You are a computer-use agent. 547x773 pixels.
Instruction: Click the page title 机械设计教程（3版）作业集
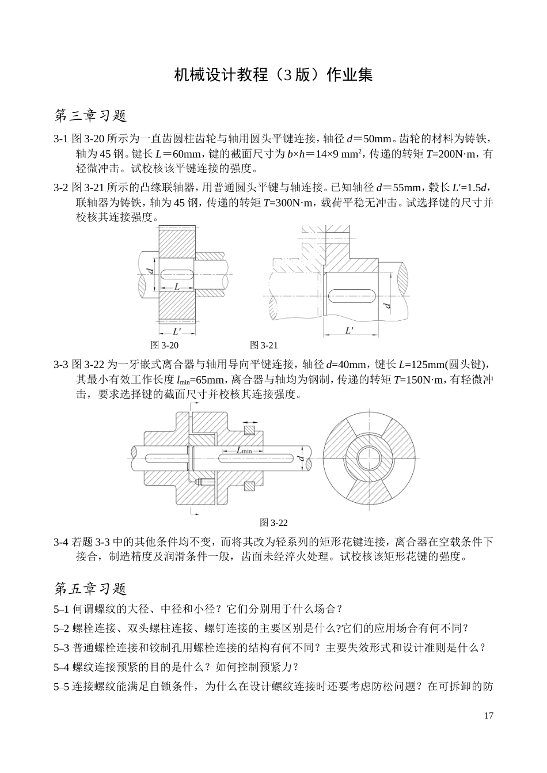pyautogui.click(x=273, y=75)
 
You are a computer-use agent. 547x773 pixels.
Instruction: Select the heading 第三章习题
pyautogui.click(x=90, y=116)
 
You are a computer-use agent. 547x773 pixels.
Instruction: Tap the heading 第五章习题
pyautogui.click(x=90, y=588)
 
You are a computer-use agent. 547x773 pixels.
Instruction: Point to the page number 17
pyautogui.click(x=488, y=716)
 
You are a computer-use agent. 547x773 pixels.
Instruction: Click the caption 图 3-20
pyautogui.click(x=164, y=345)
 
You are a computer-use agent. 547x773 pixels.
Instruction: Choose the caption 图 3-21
pyautogui.click(x=264, y=345)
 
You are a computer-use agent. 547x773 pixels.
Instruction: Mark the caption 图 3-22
pyautogui.click(x=273, y=522)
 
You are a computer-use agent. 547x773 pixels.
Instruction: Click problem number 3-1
pyautogui.click(x=61, y=139)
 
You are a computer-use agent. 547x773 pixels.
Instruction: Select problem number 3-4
pyautogui.click(x=61, y=542)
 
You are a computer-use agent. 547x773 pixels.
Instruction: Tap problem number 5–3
pyautogui.click(x=61, y=647)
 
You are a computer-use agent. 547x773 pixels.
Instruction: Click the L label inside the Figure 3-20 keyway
pyautogui.click(x=177, y=286)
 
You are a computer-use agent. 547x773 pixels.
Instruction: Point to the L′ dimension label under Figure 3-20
pyautogui.click(x=177, y=331)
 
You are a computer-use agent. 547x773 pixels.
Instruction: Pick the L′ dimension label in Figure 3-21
pyautogui.click(x=350, y=331)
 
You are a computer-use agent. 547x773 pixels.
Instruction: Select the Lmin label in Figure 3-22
pyautogui.click(x=244, y=450)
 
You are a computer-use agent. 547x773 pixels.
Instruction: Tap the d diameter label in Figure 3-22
pyautogui.click(x=301, y=458)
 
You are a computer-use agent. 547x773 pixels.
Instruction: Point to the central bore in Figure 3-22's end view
pyautogui.click(x=368, y=459)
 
